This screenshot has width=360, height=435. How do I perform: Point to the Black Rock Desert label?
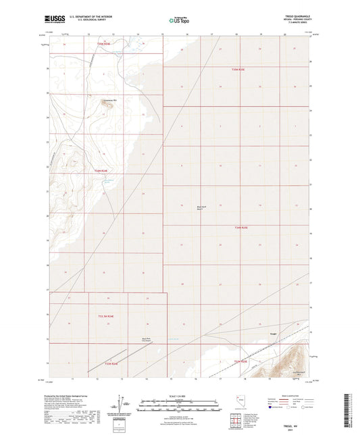coord(200,207)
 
